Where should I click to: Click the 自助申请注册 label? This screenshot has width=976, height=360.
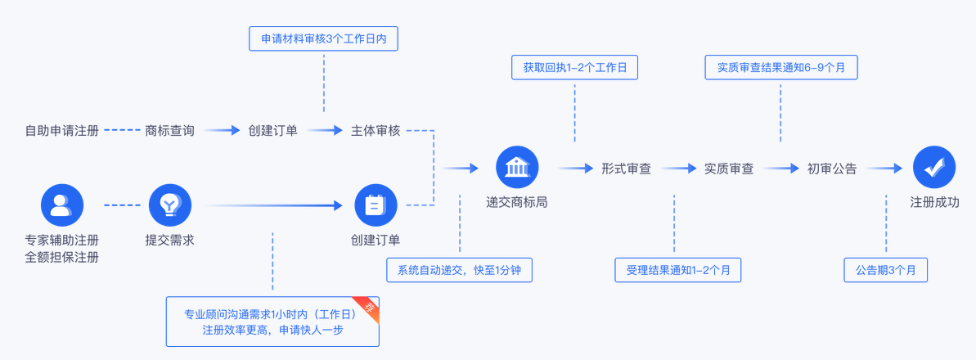click(x=62, y=130)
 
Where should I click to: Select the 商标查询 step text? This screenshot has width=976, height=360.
click(x=169, y=130)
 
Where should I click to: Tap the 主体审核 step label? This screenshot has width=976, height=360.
click(x=376, y=130)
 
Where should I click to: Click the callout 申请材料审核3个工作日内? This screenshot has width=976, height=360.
click(x=323, y=38)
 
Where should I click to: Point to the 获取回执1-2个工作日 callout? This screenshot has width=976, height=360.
click(x=574, y=67)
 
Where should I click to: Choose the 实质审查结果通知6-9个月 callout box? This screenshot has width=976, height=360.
click(x=780, y=67)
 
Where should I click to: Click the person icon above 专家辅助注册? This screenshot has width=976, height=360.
click(x=62, y=205)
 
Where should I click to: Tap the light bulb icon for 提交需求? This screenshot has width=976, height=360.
click(x=169, y=205)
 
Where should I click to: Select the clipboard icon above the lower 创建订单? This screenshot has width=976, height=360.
click(x=376, y=205)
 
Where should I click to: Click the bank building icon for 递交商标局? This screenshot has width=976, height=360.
click(x=517, y=168)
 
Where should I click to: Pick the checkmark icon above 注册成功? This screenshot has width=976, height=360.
click(x=934, y=168)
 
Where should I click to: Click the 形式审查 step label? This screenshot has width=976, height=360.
click(x=626, y=169)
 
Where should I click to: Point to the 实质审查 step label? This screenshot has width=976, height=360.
click(x=729, y=169)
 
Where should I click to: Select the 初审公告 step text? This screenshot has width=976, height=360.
click(x=832, y=169)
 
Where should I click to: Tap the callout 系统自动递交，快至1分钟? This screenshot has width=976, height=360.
click(x=459, y=270)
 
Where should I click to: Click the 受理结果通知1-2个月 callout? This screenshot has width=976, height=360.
click(x=677, y=270)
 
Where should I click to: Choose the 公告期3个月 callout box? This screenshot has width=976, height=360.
click(x=885, y=270)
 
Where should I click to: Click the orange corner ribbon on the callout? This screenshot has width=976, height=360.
click(x=369, y=308)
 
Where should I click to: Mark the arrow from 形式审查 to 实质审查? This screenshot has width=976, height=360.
click(x=678, y=169)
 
